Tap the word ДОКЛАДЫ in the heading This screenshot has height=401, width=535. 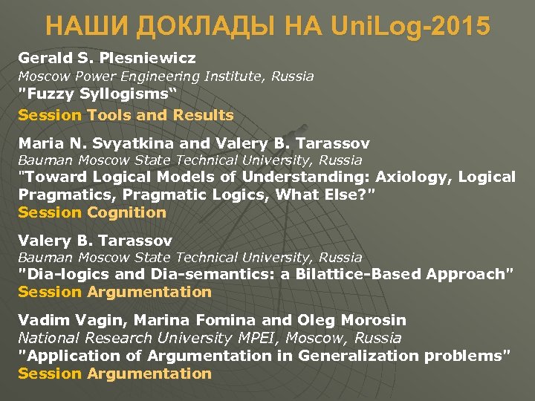[184, 27]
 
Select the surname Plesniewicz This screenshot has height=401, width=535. [153, 58]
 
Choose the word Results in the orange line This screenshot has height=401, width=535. [204, 115]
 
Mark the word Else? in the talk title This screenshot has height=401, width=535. [344, 195]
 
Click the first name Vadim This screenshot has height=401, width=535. [40, 320]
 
